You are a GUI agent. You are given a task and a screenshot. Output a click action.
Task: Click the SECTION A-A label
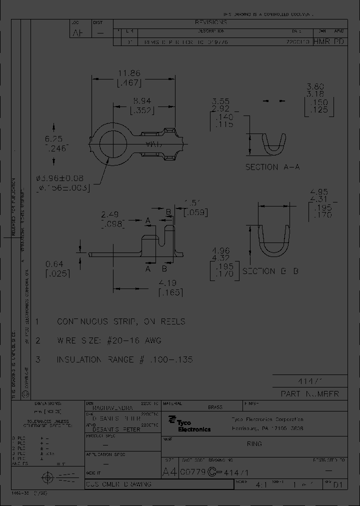(272, 167)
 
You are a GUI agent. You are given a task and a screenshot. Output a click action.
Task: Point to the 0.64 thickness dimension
(54, 264)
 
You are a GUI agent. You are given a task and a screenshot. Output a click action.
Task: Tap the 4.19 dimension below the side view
(168, 282)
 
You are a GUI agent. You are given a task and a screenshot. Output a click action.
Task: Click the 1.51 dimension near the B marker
(192, 202)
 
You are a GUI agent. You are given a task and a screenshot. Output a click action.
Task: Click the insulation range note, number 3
(124, 359)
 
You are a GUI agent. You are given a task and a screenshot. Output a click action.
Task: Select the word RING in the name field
(254, 443)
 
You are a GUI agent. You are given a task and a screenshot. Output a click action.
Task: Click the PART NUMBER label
(309, 394)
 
